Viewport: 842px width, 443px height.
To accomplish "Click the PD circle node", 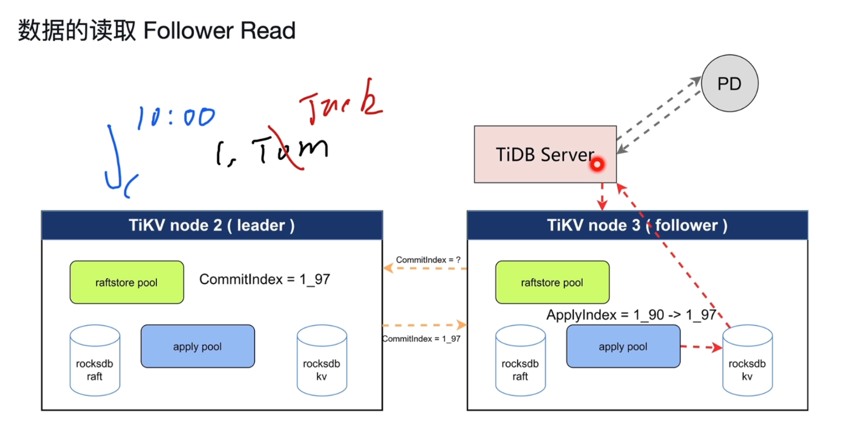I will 729,84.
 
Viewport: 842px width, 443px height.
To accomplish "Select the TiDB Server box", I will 545,154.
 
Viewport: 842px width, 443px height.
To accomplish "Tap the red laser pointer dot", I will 597,165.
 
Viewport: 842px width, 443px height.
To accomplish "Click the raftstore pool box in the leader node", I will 126,282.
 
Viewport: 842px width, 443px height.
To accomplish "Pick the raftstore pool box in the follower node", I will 552,282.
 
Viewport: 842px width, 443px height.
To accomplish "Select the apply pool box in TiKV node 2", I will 197,346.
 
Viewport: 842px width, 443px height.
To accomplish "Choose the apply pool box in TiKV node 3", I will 623,346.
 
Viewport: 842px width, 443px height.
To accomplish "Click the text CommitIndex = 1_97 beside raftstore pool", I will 265,279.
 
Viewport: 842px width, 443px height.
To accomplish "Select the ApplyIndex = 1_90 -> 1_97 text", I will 631,315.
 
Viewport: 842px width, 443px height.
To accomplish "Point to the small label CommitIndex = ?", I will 425,260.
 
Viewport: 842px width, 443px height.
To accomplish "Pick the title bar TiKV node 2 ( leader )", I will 212,225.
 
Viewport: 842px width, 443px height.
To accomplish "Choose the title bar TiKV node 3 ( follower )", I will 637,225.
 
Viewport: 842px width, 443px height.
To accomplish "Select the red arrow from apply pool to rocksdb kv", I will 701,347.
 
